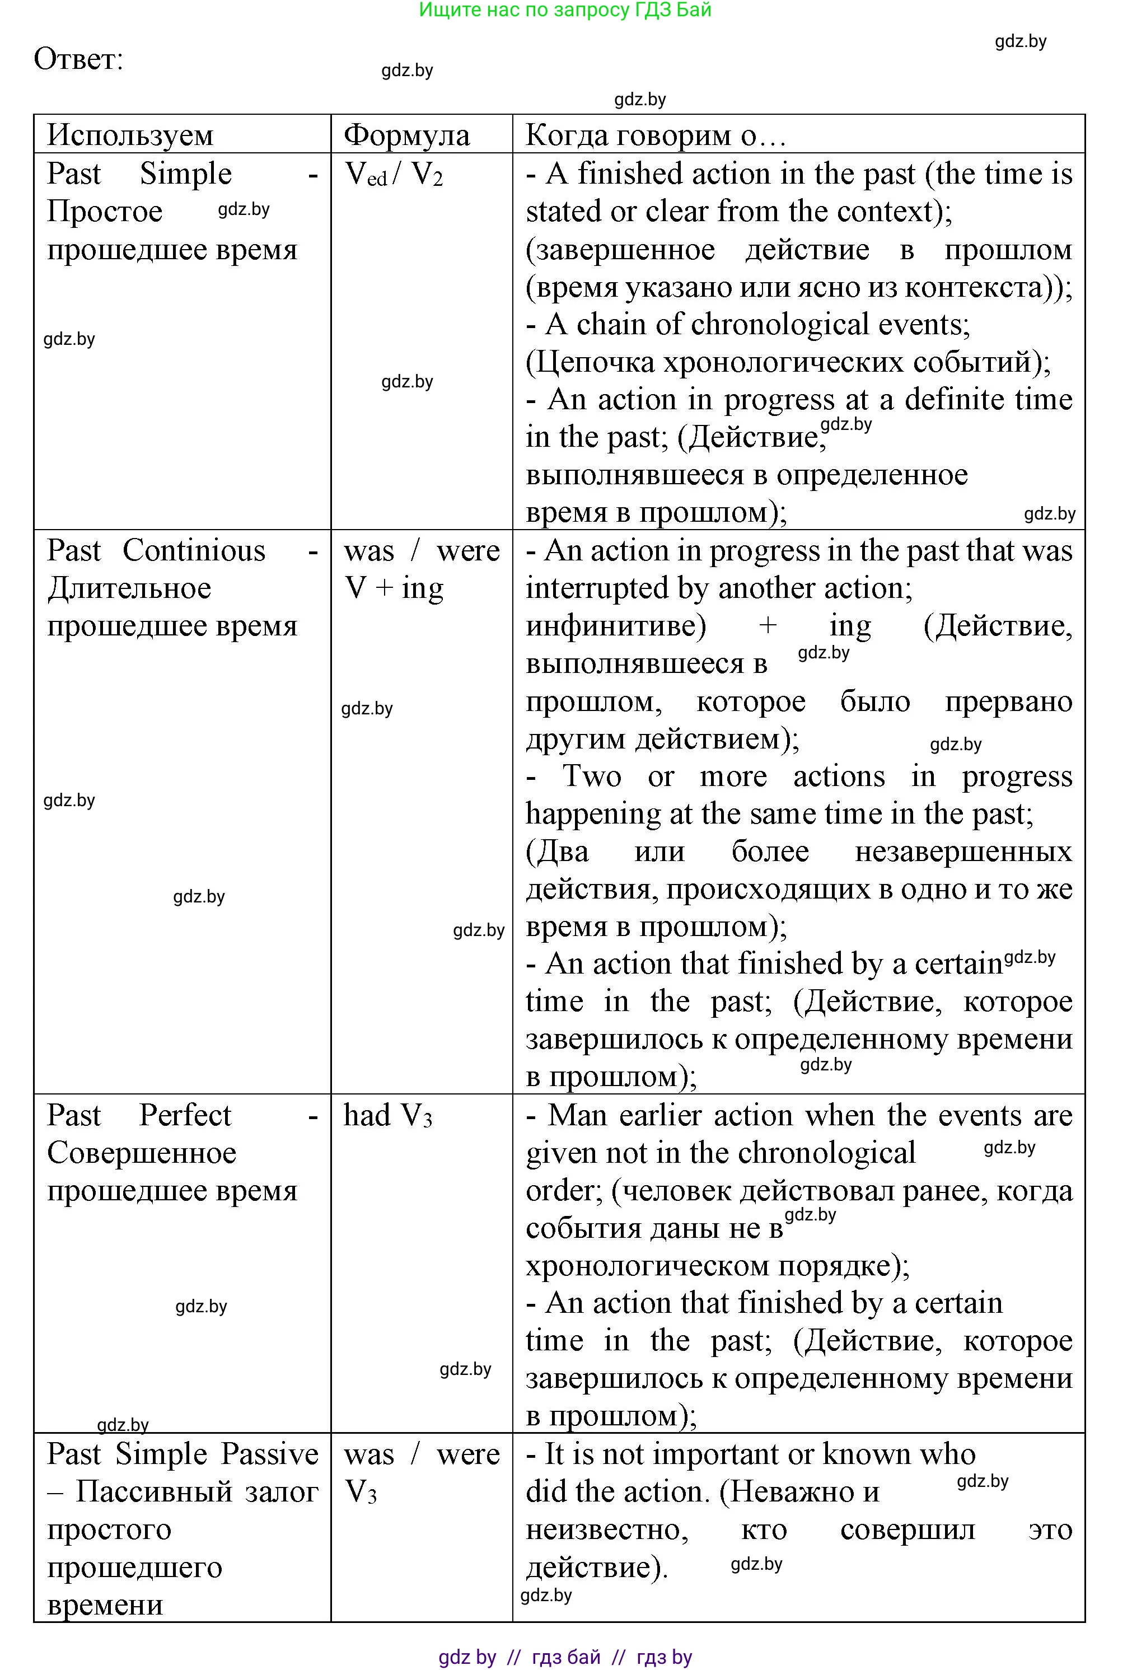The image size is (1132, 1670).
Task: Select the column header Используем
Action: pyautogui.click(x=130, y=135)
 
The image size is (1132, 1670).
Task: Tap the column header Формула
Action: pyautogui.click(x=407, y=135)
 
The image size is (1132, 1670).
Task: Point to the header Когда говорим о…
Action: pyautogui.click(x=655, y=135)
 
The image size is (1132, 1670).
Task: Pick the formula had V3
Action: pyautogui.click(x=388, y=1115)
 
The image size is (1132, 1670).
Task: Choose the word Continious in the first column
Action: pyautogui.click(x=194, y=551)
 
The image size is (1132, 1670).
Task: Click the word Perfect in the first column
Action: pyautogui.click(x=185, y=1115)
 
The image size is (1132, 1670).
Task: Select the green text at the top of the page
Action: pyautogui.click(x=565, y=10)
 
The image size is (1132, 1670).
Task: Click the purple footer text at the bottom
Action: pyautogui.click(x=565, y=1657)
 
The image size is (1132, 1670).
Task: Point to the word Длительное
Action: pyautogui.click(x=129, y=588)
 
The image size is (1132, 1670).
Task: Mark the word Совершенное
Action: pyautogui.click(x=142, y=1153)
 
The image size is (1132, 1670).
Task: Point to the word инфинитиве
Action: pyautogui.click(x=616, y=626)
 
